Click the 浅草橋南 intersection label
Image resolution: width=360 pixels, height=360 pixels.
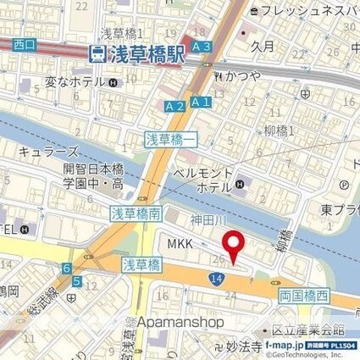click(136, 215)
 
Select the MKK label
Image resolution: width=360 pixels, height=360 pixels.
click(181, 244)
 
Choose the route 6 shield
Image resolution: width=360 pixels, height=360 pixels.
click(66, 269)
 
